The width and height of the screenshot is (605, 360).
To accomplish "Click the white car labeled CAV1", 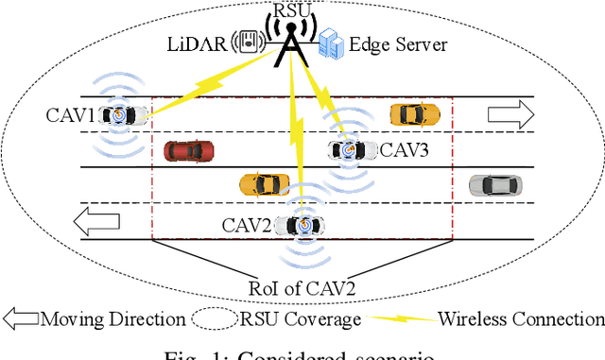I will [123, 115].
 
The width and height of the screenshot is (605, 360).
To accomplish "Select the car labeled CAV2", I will [303, 225].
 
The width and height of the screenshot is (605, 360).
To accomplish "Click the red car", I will [188, 150].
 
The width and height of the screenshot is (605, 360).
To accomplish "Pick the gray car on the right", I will [494, 184].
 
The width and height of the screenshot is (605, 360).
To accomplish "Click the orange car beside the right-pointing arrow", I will [415, 114].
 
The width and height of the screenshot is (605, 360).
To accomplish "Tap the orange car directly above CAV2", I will [264, 183].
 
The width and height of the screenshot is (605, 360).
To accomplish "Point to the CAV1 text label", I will [70, 116].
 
